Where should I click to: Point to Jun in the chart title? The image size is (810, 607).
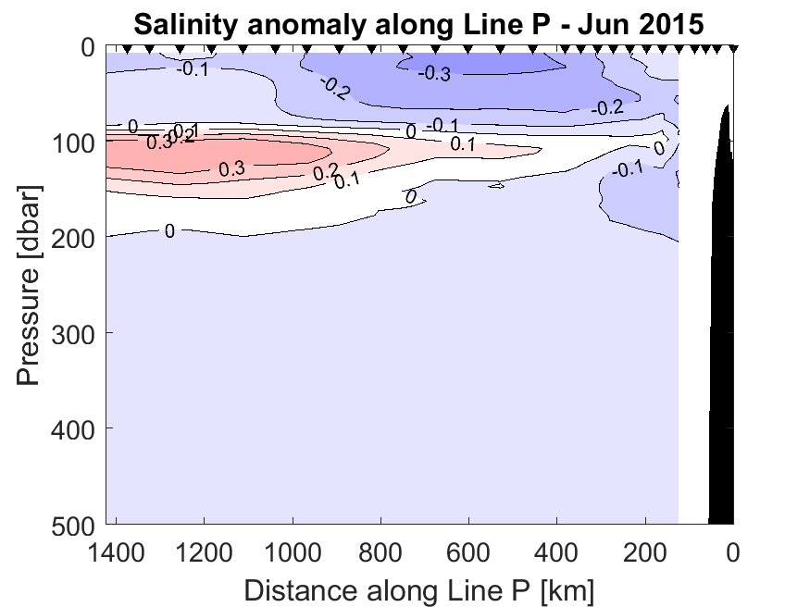(598, 22)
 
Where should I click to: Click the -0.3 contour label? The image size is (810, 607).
(433, 74)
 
